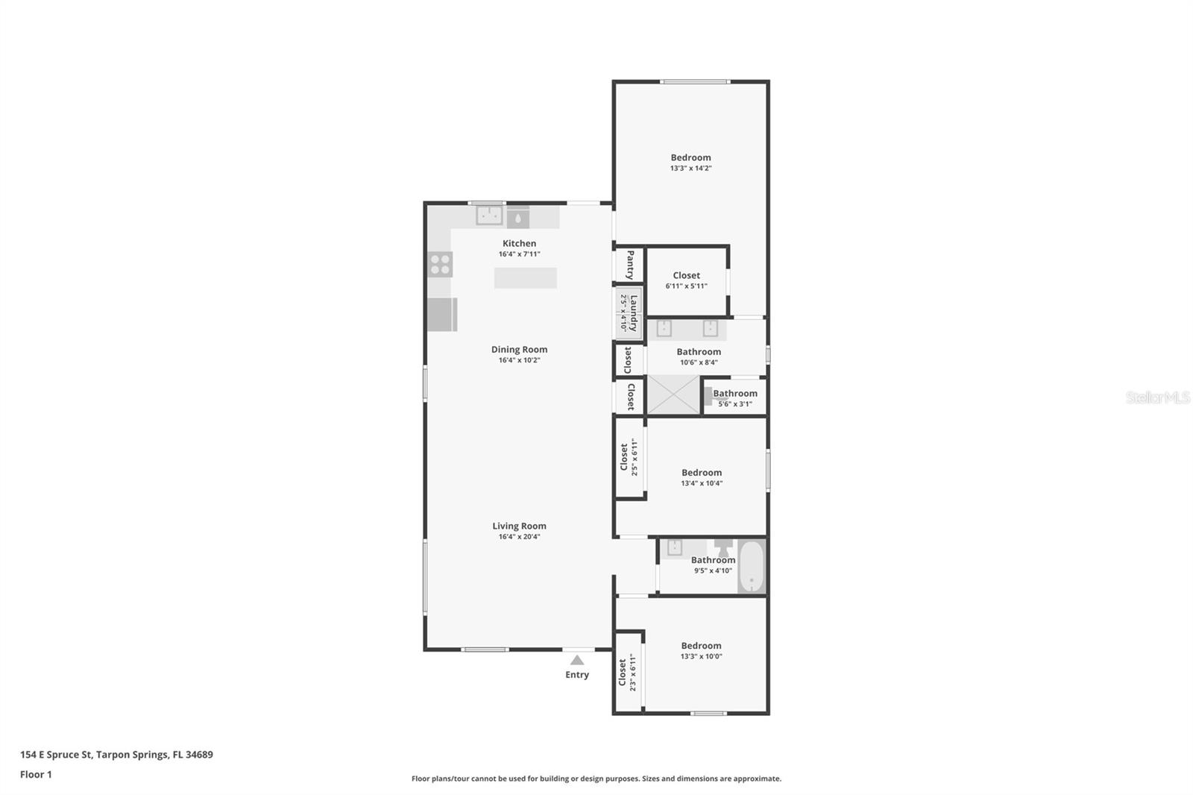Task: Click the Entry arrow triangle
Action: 576,660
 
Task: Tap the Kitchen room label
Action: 519,243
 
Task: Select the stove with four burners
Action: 440,264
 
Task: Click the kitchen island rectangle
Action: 525,277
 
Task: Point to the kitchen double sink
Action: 489,216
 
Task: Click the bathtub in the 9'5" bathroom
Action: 752,566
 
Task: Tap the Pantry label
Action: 630,264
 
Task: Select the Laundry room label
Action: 633,312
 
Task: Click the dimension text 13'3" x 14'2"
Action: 690,169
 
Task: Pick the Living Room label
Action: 519,526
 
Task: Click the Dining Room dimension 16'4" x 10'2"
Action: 519,360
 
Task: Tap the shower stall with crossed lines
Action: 673,395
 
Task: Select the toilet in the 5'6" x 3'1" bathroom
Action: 710,397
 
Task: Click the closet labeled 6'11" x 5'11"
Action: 686,280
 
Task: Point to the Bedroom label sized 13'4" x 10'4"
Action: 701,472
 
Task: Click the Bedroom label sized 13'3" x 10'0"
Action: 701,646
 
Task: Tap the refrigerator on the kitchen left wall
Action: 441,314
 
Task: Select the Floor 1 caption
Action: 36,774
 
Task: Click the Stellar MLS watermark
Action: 1157,397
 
